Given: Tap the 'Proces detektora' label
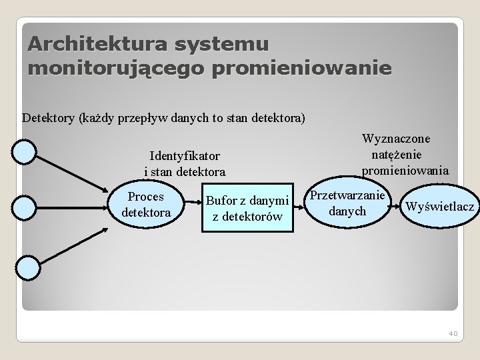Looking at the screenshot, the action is tap(147, 205).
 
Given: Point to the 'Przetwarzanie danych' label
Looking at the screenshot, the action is tap(347, 203).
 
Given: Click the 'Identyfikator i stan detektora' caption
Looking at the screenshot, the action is tap(185, 163).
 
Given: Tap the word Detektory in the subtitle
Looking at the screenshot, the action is tap(49, 119).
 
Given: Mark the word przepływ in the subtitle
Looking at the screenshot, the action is tap(141, 119).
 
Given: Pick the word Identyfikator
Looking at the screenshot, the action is tap(185, 156).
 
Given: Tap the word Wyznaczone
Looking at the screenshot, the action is tap(396, 139).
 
